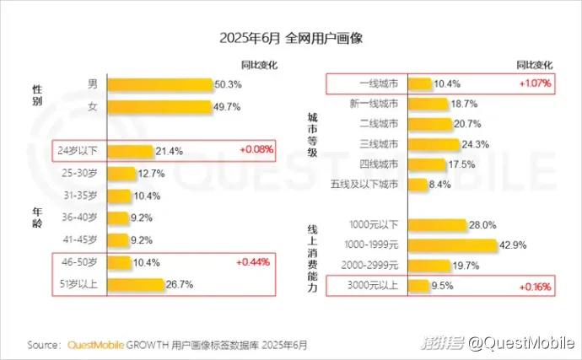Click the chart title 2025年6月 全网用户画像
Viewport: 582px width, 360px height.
click(x=291, y=39)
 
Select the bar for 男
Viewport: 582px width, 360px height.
click(x=159, y=84)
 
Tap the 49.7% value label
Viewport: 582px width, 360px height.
click(x=227, y=106)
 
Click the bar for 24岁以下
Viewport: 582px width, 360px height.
click(x=131, y=151)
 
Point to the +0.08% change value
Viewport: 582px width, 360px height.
click(x=256, y=151)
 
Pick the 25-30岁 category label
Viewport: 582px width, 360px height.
click(x=82, y=174)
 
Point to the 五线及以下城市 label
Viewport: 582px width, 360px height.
click(x=369, y=184)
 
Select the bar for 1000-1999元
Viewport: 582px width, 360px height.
click(x=452, y=245)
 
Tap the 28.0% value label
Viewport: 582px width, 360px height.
click(x=482, y=225)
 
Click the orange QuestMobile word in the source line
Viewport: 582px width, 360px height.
click(x=95, y=345)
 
